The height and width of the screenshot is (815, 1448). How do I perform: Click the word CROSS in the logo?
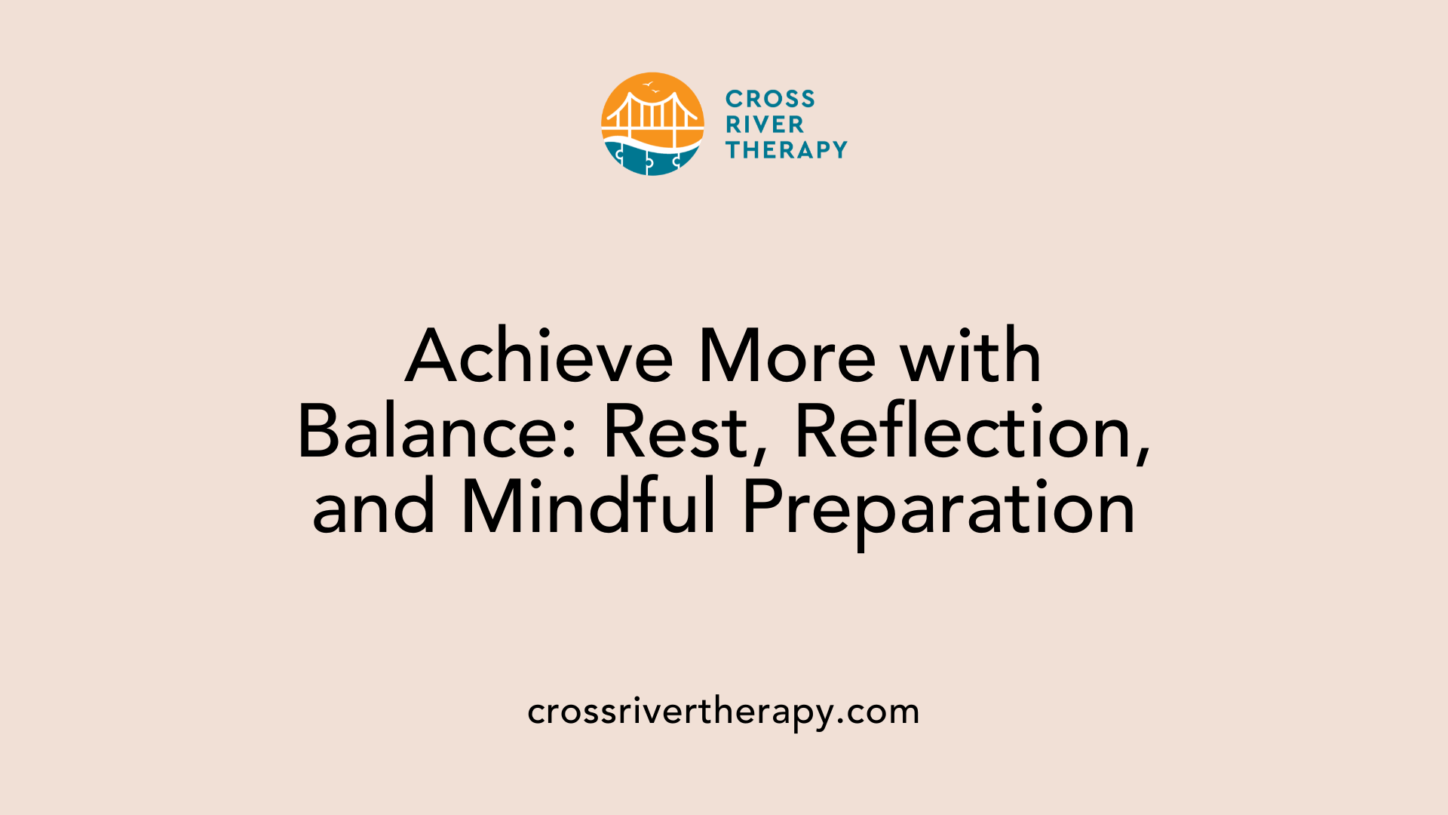769,99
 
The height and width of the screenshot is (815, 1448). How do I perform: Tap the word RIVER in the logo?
764,125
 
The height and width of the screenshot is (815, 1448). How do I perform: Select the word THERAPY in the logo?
786,150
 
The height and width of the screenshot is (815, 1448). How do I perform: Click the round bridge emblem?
652,125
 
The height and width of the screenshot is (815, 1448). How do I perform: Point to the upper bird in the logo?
647,85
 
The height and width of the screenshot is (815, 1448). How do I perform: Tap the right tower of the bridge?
675,113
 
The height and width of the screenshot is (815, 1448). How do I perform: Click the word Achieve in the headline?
538,357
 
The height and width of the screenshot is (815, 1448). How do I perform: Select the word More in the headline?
787,357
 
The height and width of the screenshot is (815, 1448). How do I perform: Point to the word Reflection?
964,432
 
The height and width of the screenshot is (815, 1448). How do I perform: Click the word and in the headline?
374,508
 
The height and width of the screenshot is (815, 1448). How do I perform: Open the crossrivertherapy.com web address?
723,712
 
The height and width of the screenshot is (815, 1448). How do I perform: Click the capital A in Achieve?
433,357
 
